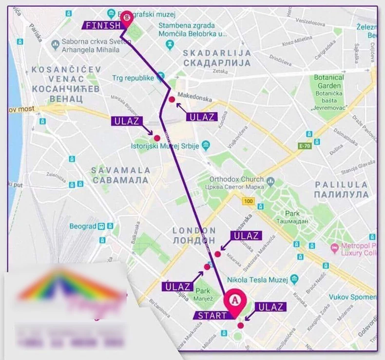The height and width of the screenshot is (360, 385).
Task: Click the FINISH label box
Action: click(101, 25)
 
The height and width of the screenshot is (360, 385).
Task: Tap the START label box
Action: click(212, 315)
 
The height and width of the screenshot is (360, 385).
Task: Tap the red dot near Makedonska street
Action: click(172, 100)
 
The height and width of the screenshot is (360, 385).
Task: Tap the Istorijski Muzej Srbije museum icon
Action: click(206, 146)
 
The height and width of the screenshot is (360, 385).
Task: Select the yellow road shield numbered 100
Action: click(248, 201)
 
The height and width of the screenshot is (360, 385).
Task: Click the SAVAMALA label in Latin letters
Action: click(119, 170)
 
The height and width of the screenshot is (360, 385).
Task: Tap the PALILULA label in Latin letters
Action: click(341, 184)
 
